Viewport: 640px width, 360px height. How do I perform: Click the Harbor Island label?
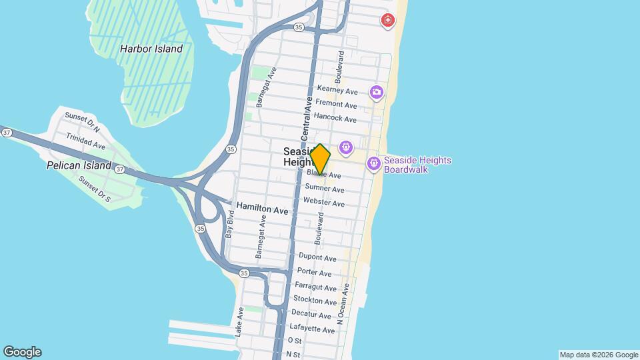click(151, 49)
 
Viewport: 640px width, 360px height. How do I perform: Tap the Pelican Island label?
click(79, 165)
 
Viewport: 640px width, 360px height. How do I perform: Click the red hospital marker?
click(387, 21)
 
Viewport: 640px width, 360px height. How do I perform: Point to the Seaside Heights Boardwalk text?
click(417, 165)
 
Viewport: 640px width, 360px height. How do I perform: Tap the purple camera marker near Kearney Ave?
click(377, 91)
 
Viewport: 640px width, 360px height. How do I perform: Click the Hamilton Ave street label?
click(263, 209)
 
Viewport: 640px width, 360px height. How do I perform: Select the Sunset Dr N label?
click(82, 122)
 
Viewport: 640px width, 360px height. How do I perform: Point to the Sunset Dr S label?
click(94, 189)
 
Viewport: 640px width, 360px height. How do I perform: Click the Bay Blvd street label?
click(231, 225)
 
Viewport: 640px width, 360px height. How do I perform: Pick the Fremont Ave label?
click(336, 105)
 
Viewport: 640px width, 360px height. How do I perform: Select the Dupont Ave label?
click(315, 257)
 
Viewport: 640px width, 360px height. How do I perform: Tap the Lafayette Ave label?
click(313, 329)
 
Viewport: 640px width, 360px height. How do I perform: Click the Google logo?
click(22, 352)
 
